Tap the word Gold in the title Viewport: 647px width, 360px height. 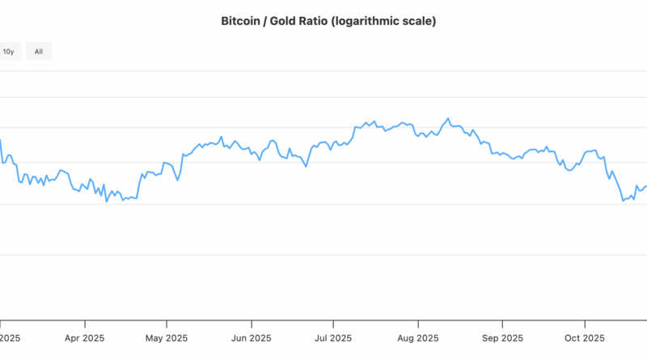(x=283, y=22)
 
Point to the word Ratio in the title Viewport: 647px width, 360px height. (x=318, y=22)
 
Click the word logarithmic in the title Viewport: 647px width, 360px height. (x=372, y=22)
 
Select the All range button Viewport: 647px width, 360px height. (x=38, y=52)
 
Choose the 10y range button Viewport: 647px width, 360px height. (x=8, y=52)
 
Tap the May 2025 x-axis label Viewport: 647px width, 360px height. (x=167, y=338)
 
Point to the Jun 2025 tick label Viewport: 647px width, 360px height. (x=250, y=338)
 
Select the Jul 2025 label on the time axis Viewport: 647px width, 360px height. (x=333, y=338)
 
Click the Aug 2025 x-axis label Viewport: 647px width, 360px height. (x=417, y=338)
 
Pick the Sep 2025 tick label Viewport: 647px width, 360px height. (x=501, y=338)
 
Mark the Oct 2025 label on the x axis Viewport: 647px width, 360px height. (x=584, y=338)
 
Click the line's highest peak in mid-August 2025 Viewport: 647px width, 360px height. (x=448, y=118)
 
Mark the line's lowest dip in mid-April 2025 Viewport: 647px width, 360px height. (x=107, y=201)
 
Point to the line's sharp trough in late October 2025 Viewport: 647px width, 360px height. (x=623, y=200)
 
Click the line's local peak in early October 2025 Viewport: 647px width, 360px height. (x=595, y=150)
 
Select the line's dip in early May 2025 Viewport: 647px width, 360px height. (x=177, y=180)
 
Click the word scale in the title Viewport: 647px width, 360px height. (x=418, y=22)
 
